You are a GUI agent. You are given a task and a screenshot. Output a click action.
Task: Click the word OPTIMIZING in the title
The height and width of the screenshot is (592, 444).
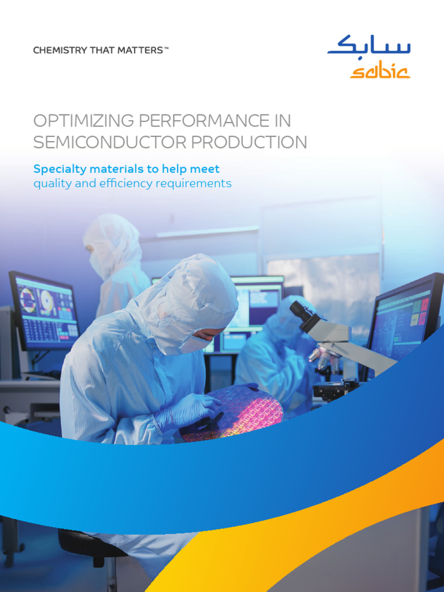click(x=79, y=121)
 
